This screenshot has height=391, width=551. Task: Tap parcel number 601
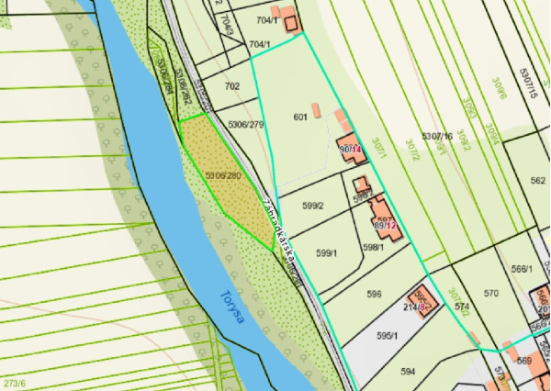(299, 117)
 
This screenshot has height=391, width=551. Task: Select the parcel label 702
(231, 86)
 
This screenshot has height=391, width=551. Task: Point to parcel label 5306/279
(246, 125)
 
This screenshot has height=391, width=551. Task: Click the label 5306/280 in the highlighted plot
(222, 175)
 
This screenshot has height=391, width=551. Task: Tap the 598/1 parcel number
(373, 247)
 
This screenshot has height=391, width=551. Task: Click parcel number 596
(374, 295)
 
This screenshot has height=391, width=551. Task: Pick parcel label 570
(490, 294)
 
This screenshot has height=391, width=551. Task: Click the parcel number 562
(537, 181)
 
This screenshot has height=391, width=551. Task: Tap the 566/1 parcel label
(522, 269)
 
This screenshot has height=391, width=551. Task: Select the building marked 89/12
(386, 223)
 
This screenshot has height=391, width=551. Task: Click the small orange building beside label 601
(316, 111)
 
